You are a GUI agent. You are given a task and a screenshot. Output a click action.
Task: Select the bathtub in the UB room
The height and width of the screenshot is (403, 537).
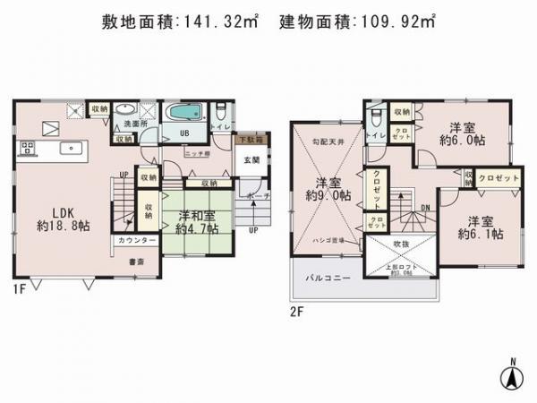point(186,114)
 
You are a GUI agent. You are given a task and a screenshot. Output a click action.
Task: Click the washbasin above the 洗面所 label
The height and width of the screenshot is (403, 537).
point(124,110)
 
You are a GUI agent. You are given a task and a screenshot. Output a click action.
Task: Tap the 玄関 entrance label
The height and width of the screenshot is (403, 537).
point(251,160)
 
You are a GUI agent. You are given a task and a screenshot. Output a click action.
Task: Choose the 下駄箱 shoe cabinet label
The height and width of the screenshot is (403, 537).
point(250,140)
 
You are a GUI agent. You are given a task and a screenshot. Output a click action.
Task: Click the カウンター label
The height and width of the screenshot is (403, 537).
point(132,241)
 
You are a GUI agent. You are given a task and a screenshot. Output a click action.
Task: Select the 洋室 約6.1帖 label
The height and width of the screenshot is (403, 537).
point(480,227)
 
